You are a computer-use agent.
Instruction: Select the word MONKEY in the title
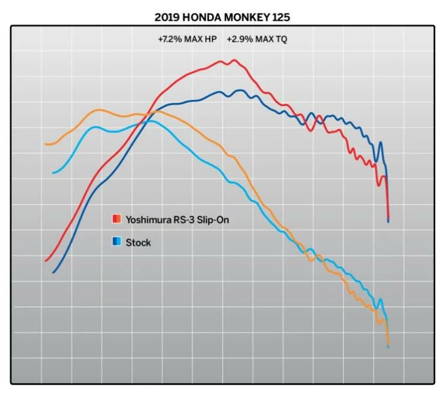click(247, 18)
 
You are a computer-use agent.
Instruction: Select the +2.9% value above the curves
click(240, 40)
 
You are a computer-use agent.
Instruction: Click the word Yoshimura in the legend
click(148, 219)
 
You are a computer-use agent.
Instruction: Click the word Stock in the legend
click(139, 243)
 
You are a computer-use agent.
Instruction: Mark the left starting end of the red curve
click(46, 261)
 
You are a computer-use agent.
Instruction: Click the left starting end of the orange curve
click(46, 145)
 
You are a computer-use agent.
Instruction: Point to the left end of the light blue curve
click(53, 173)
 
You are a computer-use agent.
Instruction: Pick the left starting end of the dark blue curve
click(53, 273)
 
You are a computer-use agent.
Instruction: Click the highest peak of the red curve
click(234, 60)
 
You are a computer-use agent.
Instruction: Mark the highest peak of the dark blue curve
click(240, 91)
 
